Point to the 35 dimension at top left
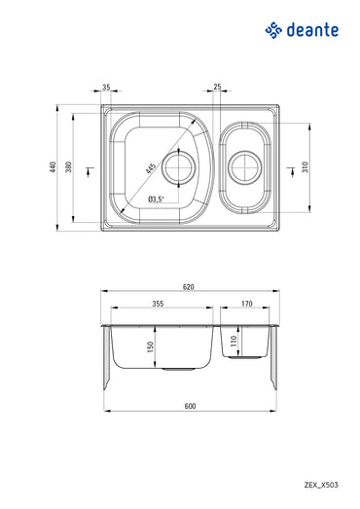point(105,88)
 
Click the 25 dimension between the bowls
point(218,88)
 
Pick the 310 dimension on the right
point(305,166)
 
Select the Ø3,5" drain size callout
point(156,199)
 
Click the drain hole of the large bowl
point(179,168)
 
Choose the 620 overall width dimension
point(189,286)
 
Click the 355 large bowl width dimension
point(157,304)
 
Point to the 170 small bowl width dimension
point(247,304)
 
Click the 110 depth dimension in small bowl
point(234,341)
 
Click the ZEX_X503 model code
point(321,483)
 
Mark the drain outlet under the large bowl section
point(178,370)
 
